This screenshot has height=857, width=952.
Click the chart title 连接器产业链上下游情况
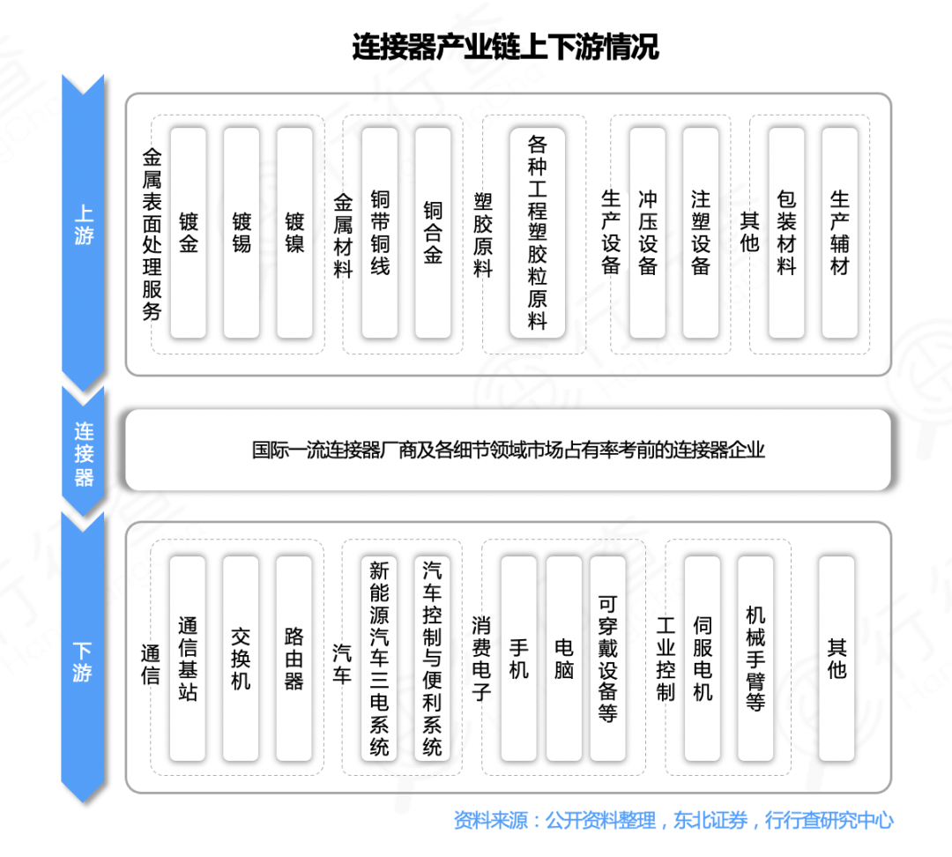pyautogui.click(x=505, y=47)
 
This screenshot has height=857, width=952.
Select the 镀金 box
pyautogui.click(x=188, y=233)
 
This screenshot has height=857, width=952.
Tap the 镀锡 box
pyautogui.click(x=242, y=233)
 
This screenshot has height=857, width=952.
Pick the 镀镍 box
pyautogui.click(x=294, y=233)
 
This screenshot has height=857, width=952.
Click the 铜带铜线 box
pyautogui.click(x=380, y=233)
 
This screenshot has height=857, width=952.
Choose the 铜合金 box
pyautogui.click(x=433, y=233)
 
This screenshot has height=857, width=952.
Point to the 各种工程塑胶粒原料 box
pyautogui.click(x=538, y=233)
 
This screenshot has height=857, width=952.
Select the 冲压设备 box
pyautogui.click(x=648, y=233)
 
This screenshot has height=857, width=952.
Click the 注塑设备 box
pyautogui.click(x=701, y=233)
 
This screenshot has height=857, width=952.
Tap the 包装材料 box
pyautogui.click(x=786, y=233)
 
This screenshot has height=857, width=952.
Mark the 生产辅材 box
pyautogui.click(x=839, y=233)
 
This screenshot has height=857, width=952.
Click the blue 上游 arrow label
pyautogui.click(x=84, y=226)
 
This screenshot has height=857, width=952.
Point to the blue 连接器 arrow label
pyautogui.click(x=84, y=454)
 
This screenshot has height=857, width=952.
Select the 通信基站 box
pyautogui.click(x=188, y=658)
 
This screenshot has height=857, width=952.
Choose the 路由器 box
pyautogui.click(x=294, y=658)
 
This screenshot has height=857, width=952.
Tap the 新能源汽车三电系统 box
pyautogui.click(x=379, y=658)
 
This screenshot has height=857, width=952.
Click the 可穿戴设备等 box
pyautogui.click(x=608, y=658)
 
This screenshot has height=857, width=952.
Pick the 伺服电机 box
pyautogui.click(x=703, y=658)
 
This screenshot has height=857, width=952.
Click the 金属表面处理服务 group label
pyautogui.click(x=152, y=235)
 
